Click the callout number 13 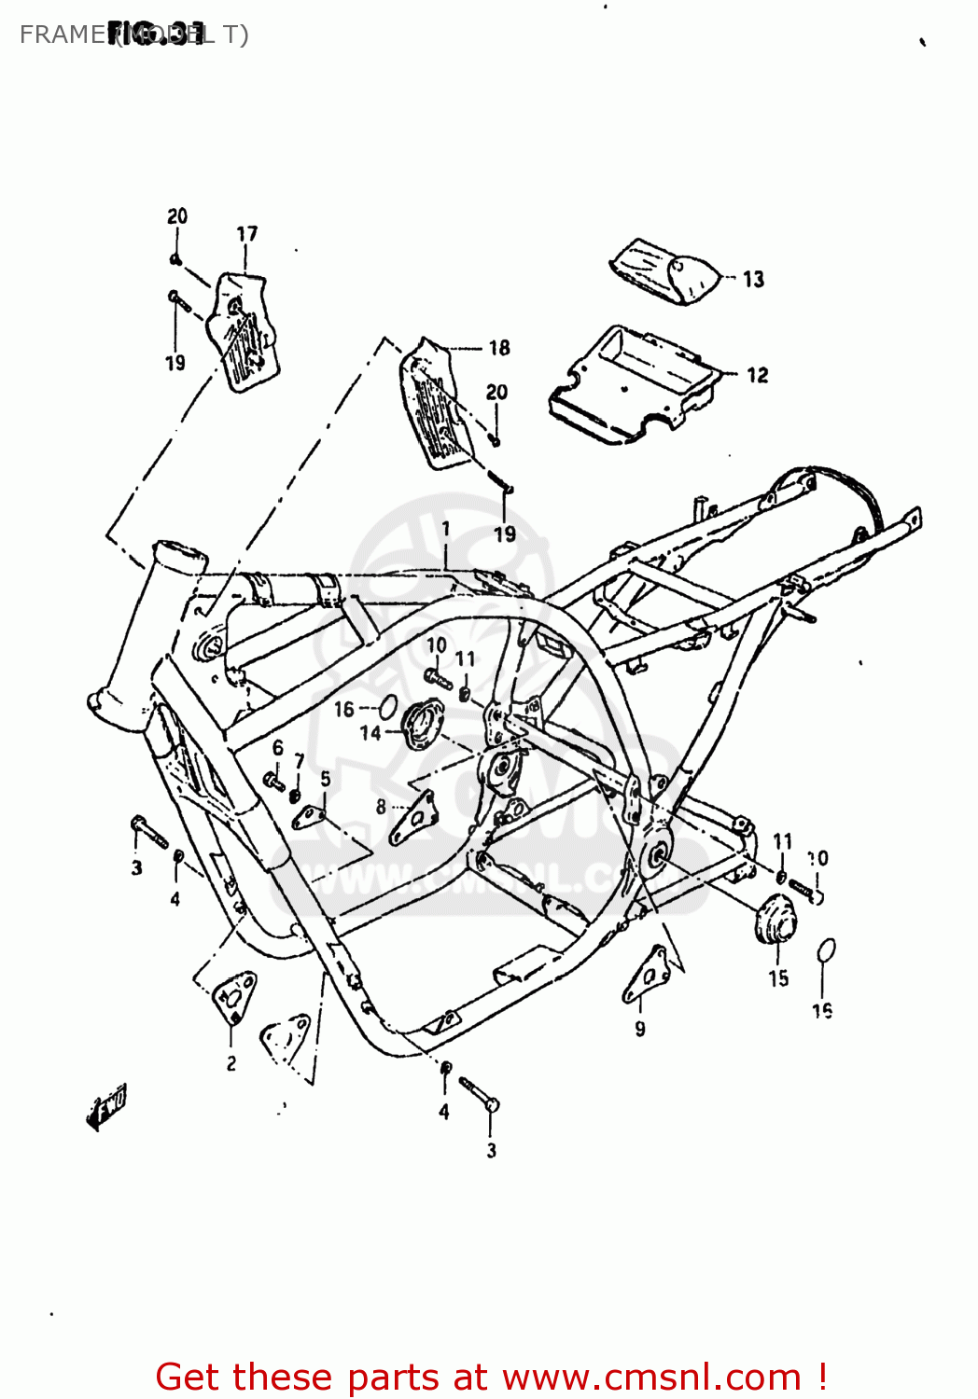coord(753,279)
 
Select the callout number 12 coord(757,375)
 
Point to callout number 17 coord(246,233)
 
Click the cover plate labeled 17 coord(243,331)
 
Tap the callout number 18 coord(499,348)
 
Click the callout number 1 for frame coord(446,529)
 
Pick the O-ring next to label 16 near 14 coord(388,708)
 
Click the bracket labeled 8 coord(413,817)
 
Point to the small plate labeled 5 coord(307,817)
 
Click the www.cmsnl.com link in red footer coord(651,1378)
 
